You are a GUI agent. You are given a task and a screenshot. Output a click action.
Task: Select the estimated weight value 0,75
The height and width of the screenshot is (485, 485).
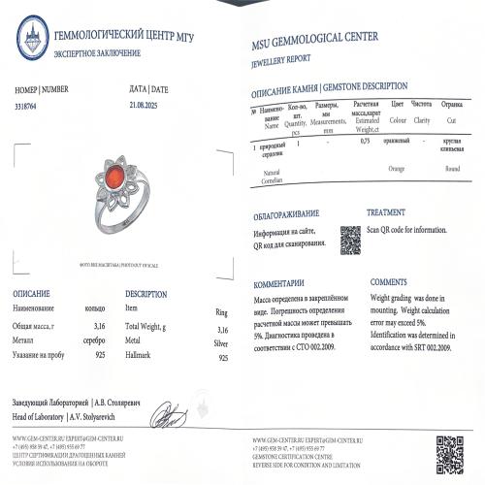tap(365, 142)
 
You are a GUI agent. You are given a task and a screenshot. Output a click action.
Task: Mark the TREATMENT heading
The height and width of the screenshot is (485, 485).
tap(386, 211)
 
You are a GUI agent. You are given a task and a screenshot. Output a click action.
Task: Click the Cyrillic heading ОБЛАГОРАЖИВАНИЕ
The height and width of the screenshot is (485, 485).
tap(285, 212)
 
